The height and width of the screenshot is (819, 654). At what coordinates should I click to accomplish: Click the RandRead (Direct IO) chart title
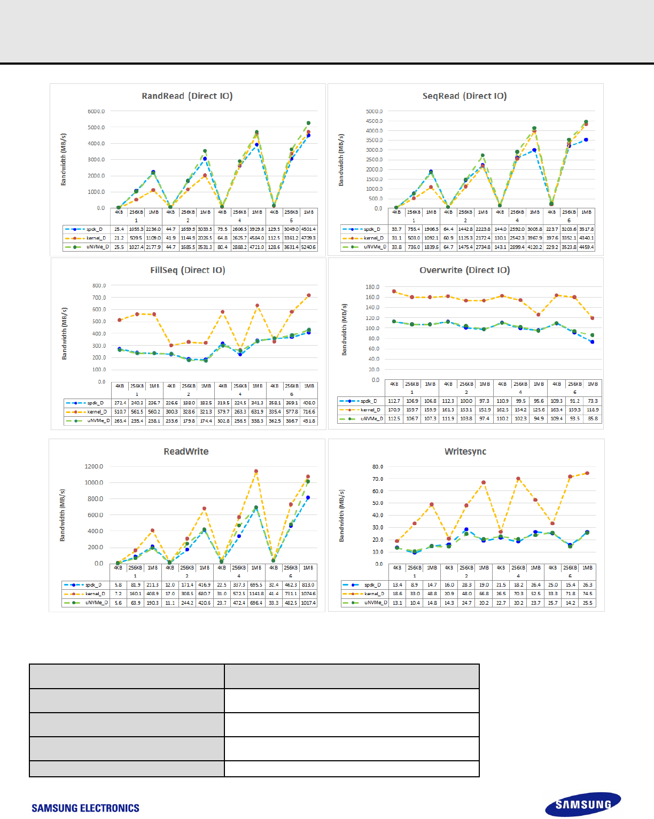[x=187, y=96]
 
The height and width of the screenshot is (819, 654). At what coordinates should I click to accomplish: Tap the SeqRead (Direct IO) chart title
[x=464, y=96]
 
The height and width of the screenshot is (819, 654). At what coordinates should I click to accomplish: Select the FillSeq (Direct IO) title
[x=188, y=270]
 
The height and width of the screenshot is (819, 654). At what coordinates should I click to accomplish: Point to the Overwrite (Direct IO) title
[x=464, y=270]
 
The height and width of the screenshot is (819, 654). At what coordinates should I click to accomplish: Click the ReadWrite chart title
[x=186, y=451]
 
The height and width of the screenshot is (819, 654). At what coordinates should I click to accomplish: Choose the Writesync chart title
[x=465, y=451]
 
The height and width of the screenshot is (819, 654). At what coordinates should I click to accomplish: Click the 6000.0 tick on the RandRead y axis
[x=96, y=112]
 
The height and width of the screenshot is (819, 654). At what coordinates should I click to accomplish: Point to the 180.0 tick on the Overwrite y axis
[x=372, y=287]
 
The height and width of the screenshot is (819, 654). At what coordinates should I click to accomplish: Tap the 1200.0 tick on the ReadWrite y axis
[x=94, y=466]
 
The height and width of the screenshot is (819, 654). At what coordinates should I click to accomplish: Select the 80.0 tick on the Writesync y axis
[x=377, y=467]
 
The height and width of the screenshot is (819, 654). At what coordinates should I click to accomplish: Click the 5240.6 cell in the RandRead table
[x=308, y=247]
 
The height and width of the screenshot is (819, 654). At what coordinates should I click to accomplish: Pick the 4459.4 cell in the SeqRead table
[x=586, y=247]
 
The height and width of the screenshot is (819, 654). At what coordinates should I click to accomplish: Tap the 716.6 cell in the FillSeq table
[x=309, y=412]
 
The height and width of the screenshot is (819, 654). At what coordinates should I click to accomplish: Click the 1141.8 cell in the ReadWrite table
[x=256, y=594]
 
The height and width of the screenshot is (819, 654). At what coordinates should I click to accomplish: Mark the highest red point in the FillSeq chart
[x=308, y=295]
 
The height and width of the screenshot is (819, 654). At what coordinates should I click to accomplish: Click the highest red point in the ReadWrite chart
[x=256, y=471]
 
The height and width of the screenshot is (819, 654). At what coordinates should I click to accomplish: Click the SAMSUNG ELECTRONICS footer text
[x=85, y=808]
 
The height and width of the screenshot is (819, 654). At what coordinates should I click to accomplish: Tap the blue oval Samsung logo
[x=583, y=805]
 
